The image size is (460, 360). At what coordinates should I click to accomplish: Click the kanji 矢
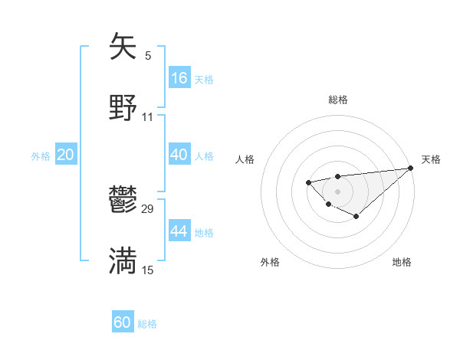123,47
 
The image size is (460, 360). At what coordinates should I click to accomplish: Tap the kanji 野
123,107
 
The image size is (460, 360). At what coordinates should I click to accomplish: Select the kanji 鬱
123,201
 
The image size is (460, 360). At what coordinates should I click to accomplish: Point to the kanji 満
123,260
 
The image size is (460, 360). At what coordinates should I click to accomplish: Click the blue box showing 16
179,77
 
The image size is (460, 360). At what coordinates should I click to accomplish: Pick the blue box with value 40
179,155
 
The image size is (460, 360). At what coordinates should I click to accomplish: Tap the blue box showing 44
179,231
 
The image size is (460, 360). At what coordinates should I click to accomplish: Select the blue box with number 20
65,155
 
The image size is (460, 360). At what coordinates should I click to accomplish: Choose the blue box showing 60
123,322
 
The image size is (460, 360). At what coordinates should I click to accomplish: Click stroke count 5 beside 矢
148,56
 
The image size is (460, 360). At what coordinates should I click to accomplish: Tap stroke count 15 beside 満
148,270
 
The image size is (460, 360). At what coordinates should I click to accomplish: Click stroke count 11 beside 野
148,116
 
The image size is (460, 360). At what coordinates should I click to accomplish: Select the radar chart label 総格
337,100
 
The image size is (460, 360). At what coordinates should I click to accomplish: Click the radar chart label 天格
431,159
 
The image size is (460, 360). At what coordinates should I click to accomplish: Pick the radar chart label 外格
270,262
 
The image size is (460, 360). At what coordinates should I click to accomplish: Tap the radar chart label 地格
402,262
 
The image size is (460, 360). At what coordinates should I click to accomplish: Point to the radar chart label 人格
245,159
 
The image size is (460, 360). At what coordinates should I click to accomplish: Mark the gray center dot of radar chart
337,191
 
